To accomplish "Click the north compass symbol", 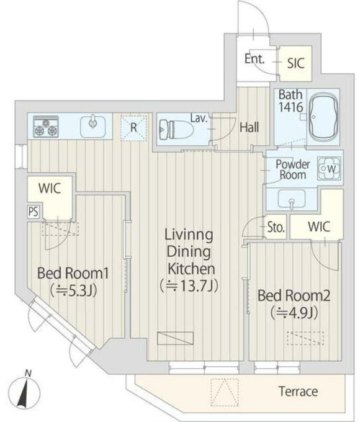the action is [x=24, y=391].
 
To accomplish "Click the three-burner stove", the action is [x=46, y=127].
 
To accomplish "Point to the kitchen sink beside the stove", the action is [x=93, y=126].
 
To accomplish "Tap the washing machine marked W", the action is [x=329, y=169].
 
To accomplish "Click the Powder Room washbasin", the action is [x=291, y=199].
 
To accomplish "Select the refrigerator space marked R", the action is [x=134, y=128].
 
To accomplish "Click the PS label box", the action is [x=34, y=212].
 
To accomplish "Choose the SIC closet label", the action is [x=295, y=63].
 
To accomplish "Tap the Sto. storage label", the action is [x=276, y=228].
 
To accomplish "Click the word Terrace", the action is [x=298, y=391].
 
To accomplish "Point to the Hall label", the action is [x=250, y=127].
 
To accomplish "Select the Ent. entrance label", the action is [x=254, y=59].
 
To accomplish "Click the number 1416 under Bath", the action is [x=291, y=107].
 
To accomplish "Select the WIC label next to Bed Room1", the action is [x=50, y=188].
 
